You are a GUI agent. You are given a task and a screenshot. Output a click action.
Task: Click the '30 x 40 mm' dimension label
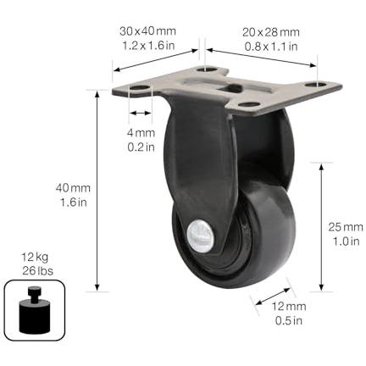[147, 31]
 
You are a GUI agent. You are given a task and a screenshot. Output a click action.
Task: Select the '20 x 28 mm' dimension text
[271, 32]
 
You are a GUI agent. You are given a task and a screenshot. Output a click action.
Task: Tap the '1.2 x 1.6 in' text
[148, 46]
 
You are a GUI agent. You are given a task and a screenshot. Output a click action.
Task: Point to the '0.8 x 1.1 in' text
[271, 47]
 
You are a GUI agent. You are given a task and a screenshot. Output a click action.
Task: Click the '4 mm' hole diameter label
[141, 133]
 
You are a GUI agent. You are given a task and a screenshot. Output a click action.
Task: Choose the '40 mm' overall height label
[73, 188]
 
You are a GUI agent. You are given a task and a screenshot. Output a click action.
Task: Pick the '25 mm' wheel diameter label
[346, 227]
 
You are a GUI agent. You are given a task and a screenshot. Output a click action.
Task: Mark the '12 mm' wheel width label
[289, 307]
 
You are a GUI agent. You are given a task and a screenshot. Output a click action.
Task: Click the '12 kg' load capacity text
[35, 258]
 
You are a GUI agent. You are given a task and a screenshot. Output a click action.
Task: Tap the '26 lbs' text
[37, 271]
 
